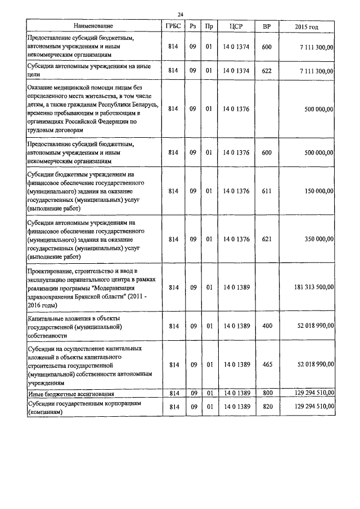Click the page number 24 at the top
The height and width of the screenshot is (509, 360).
click(181, 14)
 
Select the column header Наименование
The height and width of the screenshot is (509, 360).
click(93, 26)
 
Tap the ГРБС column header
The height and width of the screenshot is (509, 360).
click(173, 26)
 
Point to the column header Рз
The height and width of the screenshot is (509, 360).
click(192, 26)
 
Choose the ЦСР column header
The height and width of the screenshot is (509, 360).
click(236, 26)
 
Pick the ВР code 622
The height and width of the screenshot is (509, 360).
click(267, 71)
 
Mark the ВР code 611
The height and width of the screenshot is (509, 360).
click(267, 191)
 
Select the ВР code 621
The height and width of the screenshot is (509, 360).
click(267, 239)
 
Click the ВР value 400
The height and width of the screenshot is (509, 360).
click(267, 326)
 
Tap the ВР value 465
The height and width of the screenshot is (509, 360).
click(267, 364)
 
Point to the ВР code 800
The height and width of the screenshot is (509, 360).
click(267, 393)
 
